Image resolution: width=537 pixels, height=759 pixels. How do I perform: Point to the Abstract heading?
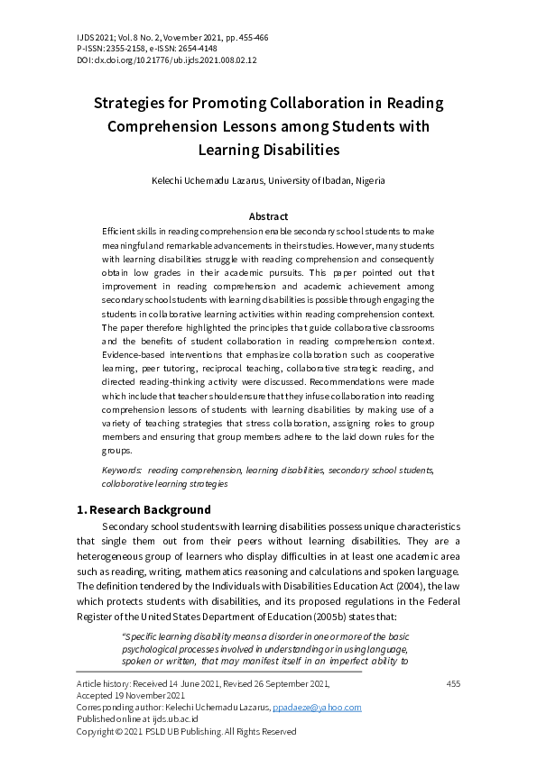click(x=268, y=216)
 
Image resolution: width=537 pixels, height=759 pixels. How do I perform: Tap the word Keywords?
click(x=121, y=471)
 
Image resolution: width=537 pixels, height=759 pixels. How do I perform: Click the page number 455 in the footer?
click(x=453, y=684)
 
